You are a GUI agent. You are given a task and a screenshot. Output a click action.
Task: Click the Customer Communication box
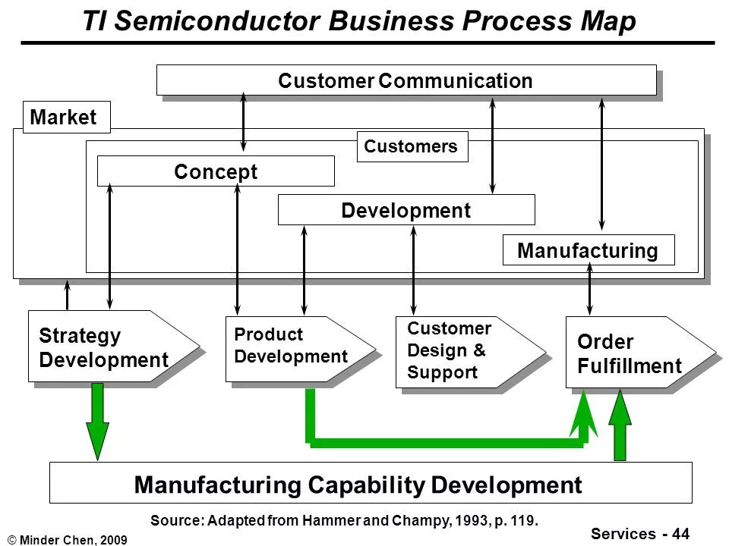(406, 80)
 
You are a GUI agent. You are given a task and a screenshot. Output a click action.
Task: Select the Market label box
(66, 118)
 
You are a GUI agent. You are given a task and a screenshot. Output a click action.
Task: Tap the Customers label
(412, 146)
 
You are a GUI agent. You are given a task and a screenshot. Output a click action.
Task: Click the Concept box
(216, 171)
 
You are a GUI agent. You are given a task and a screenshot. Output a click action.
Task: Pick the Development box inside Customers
(406, 210)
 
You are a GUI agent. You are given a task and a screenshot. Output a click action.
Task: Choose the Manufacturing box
(588, 250)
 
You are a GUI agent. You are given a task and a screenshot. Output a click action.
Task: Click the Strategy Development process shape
(106, 347)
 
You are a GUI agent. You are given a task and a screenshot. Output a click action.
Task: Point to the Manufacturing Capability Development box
(370, 483)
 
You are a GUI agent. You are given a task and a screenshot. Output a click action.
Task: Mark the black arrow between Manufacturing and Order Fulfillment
(589, 290)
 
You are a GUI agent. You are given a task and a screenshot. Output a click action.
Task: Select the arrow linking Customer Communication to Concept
(244, 123)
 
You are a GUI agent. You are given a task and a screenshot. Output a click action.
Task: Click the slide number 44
(680, 534)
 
